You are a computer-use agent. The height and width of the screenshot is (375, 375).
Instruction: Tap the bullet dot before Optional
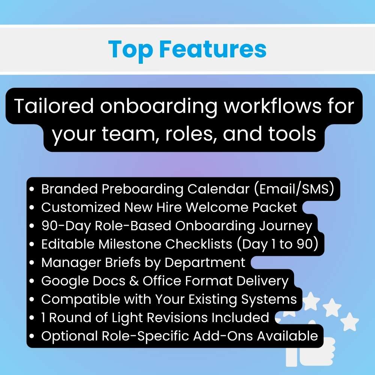pos(33,336)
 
